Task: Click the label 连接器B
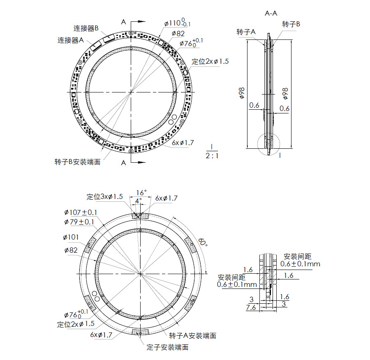coord(86,28)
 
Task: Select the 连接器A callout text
coord(71,40)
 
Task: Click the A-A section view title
coord(271,13)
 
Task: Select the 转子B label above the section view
coord(291,24)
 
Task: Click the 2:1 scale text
coord(212,156)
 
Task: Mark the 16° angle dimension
coord(141,192)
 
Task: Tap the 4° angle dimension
coord(138,200)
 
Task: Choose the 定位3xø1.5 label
coord(104,197)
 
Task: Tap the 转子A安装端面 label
coord(193,336)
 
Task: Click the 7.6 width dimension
coord(251,307)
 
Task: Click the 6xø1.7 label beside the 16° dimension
coord(166,198)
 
